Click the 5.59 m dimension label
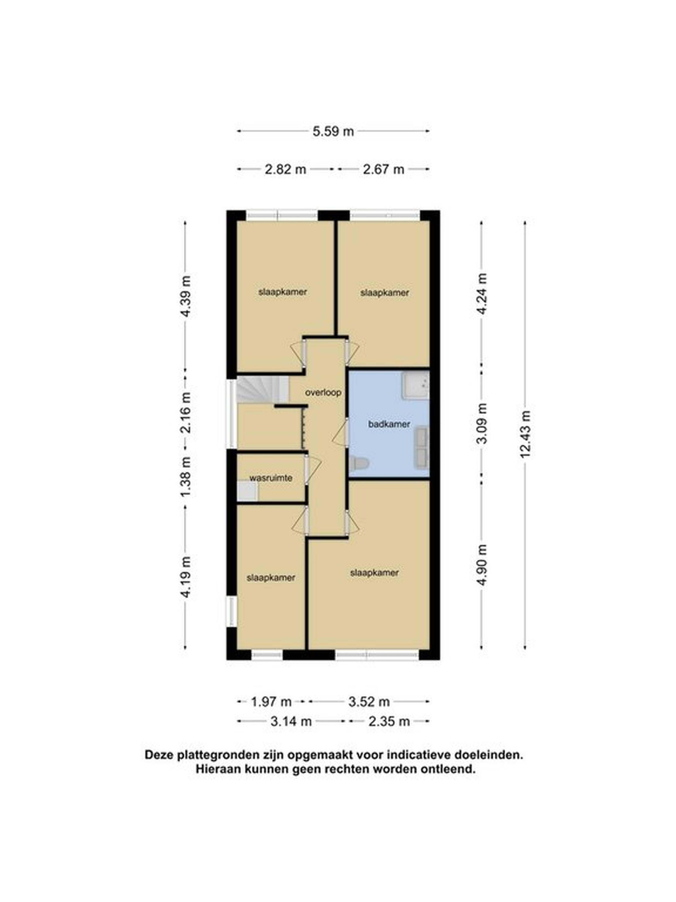333,131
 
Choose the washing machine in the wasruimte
247,491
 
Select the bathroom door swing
340,432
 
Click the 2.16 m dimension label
186,413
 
